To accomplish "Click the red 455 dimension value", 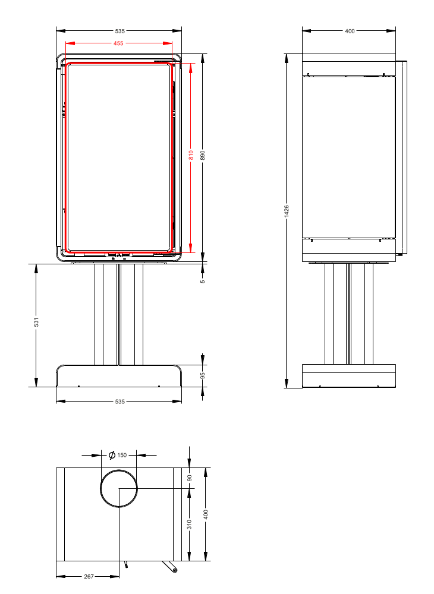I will click(119, 43).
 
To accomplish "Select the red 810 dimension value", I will click(191, 156).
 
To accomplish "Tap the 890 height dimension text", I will click(203, 156).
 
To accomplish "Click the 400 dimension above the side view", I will click(350, 31).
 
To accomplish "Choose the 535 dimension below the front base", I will click(119, 402).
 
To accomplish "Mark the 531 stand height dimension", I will click(36, 323).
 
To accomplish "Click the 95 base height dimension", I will click(203, 375).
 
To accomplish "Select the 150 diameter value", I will click(122, 456).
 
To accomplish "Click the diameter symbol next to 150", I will click(111, 456).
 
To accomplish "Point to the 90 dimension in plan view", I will click(190, 478).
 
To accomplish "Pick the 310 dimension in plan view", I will click(190, 524).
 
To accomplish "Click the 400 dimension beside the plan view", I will click(206, 514).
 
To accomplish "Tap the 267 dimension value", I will click(89, 576).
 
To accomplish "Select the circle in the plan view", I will click(119, 488).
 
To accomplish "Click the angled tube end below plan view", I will click(174, 570).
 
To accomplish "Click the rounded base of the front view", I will click(119, 376).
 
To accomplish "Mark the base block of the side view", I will click(349, 376).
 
